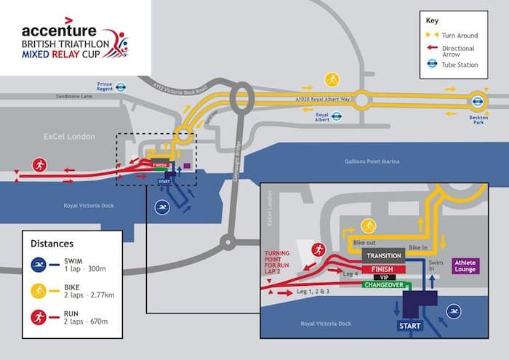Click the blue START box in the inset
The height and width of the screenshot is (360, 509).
coord(409,327)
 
